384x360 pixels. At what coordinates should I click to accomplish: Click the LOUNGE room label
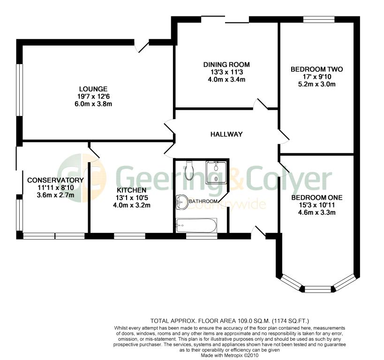[93, 89]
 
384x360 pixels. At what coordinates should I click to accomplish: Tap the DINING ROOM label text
[226, 65]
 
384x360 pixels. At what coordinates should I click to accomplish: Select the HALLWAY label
[226, 134]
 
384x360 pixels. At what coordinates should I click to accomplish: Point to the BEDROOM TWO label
[316, 69]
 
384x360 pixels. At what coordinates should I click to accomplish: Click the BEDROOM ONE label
[317, 198]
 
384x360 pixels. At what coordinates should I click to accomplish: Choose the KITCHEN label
[131, 190]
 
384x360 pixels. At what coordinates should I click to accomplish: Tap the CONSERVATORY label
[55, 180]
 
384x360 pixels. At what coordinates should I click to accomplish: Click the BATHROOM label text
[203, 201]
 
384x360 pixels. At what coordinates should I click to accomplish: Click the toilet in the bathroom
[189, 170]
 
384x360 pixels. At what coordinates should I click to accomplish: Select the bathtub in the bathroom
[196, 225]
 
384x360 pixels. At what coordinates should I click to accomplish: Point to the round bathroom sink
[181, 202]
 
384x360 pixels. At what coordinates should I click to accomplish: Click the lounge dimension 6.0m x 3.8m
[93, 104]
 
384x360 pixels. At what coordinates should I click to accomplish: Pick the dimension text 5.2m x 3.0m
[316, 84]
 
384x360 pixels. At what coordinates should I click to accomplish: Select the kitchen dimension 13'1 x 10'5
[131, 198]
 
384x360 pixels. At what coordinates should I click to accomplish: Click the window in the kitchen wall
[129, 236]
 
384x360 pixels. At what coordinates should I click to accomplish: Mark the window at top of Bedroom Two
[319, 20]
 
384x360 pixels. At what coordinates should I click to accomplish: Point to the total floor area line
[230, 321]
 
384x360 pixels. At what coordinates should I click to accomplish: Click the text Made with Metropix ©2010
[230, 355]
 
